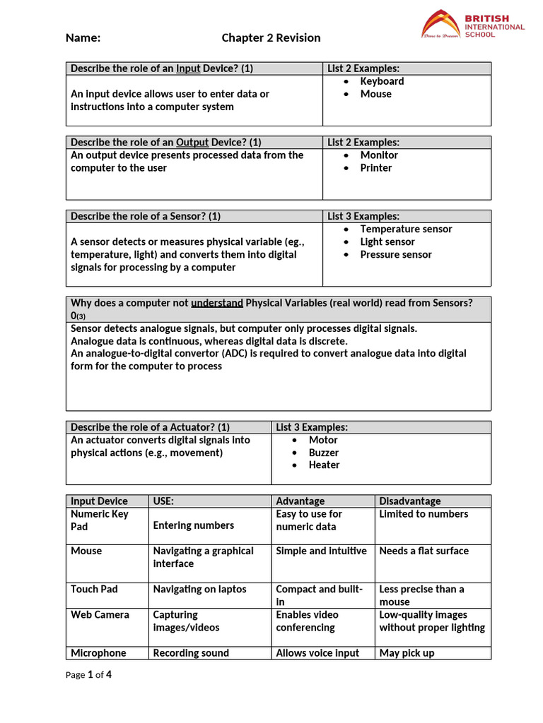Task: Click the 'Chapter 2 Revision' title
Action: [x=271, y=38]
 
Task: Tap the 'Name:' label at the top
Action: [x=83, y=38]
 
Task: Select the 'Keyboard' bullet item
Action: [x=382, y=81]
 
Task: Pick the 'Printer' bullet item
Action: [x=375, y=168]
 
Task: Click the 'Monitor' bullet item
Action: [x=379, y=155]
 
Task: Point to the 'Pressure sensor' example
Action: [x=395, y=255]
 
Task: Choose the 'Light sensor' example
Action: [x=387, y=242]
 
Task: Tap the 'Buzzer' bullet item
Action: [x=323, y=453]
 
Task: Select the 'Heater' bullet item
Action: [x=324, y=465]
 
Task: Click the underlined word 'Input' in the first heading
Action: [x=188, y=68]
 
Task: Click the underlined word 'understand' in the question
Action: [x=216, y=303]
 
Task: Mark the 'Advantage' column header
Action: [x=300, y=501]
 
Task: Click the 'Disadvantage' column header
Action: [x=409, y=501]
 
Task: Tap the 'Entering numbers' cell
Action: [x=193, y=525]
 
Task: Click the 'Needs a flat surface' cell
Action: [x=424, y=551]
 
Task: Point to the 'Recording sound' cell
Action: [x=191, y=653]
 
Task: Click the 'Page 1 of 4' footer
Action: [x=88, y=675]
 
